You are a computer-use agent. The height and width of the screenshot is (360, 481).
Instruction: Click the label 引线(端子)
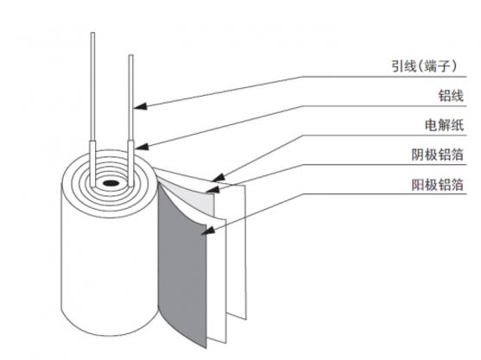click(x=424, y=66)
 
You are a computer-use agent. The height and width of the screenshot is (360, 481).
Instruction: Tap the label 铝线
click(x=450, y=95)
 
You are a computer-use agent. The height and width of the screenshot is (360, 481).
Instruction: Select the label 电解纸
click(x=444, y=125)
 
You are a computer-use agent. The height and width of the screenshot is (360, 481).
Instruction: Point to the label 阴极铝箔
click(x=437, y=155)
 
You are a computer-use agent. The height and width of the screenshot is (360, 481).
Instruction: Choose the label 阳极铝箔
click(x=437, y=184)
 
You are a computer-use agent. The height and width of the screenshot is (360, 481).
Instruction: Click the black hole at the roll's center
click(x=111, y=183)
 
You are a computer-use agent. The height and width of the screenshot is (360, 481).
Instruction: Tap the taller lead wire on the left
click(x=92, y=86)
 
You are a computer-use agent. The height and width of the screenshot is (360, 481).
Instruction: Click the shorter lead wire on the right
click(x=131, y=98)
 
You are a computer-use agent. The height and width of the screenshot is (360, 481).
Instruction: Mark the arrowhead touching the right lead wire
click(x=141, y=106)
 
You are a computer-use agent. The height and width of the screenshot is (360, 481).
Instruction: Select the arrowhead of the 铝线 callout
click(x=142, y=147)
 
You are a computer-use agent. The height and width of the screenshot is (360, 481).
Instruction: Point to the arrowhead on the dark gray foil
click(x=208, y=230)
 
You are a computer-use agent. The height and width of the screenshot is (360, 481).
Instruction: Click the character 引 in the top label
click(x=397, y=66)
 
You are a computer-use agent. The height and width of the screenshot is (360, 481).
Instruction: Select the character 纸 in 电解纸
click(x=457, y=125)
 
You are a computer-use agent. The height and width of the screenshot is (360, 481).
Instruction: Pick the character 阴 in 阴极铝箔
click(x=417, y=155)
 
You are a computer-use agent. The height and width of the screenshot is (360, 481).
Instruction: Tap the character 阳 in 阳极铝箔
click(x=417, y=184)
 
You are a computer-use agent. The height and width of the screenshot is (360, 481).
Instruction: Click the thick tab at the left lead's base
click(x=92, y=163)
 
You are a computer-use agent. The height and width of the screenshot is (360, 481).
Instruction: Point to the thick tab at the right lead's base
click(x=131, y=163)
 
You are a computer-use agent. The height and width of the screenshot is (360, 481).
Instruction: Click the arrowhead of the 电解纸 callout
click(x=218, y=178)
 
